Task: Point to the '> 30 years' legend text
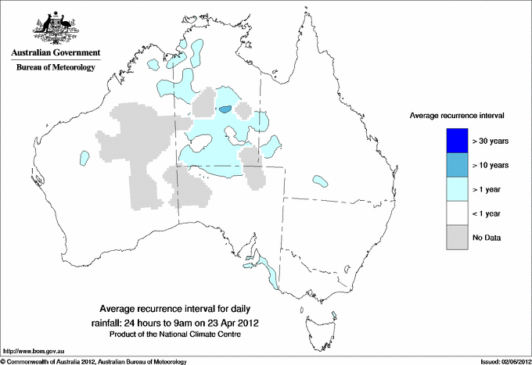[x=491, y=141]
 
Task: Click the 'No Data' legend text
[x=487, y=238]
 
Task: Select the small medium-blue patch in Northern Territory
[x=225, y=110]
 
